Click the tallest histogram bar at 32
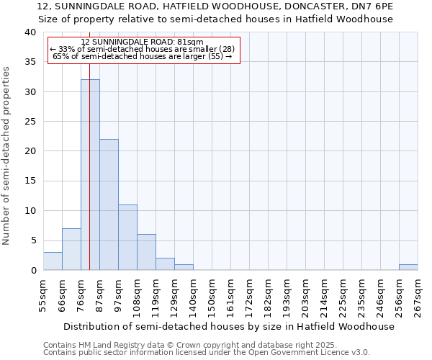(90, 175)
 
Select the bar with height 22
(109, 204)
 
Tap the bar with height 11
(127, 238)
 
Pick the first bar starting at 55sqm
(53, 261)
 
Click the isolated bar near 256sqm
(408, 267)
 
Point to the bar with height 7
(71, 249)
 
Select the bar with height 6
(146, 252)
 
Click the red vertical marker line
(89, 144)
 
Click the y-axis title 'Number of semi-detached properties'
(7, 156)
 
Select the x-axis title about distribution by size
(229, 326)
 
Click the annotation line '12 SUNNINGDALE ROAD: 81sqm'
(143, 42)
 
